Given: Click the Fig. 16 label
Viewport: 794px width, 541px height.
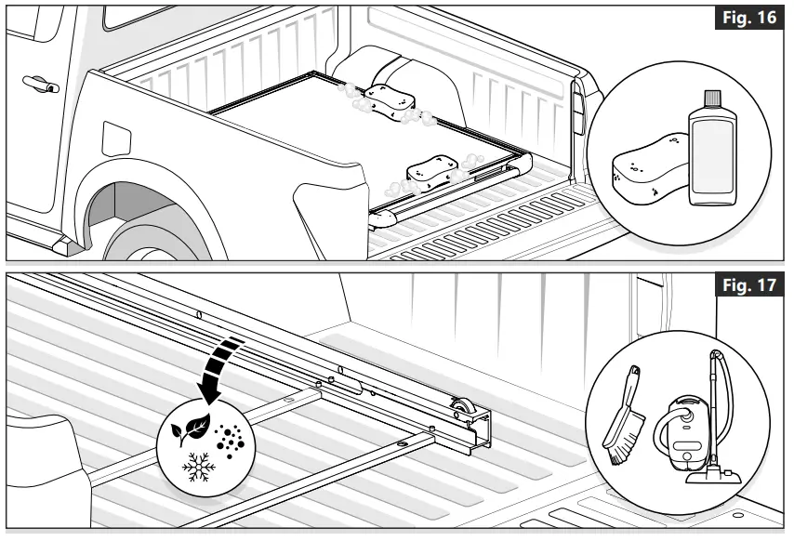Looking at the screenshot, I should coord(753,20).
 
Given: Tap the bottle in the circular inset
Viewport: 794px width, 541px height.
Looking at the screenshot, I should coord(712,153).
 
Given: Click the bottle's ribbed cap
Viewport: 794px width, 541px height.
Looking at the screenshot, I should coord(712,99).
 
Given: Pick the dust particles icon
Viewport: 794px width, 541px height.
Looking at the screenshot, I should coord(228,438).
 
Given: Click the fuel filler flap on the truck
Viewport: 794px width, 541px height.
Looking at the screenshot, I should coord(115,137).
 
